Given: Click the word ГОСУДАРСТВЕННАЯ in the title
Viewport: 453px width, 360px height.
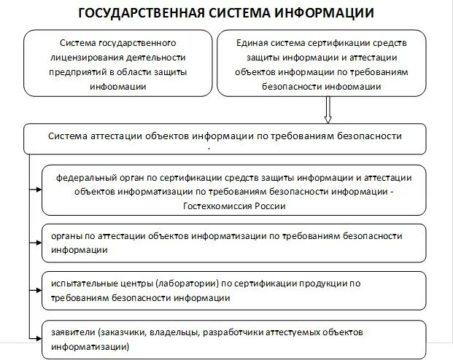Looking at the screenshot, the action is pos(141,13).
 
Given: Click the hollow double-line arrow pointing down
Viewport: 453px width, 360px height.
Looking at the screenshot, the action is pos(328,110).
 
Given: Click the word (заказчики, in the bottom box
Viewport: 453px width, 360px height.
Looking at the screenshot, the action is pos(127,332).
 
